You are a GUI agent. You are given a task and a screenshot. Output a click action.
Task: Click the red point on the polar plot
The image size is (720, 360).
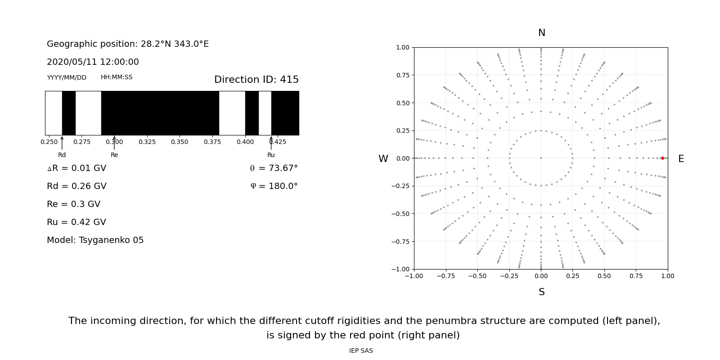pyautogui.click(x=662, y=158)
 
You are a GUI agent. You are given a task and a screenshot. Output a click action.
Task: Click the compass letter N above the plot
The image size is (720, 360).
pyautogui.click(x=541, y=33)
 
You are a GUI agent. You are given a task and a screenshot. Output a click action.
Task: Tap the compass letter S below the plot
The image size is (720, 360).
pyautogui.click(x=541, y=292)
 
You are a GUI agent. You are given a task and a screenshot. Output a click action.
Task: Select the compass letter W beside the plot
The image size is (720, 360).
pyautogui.click(x=383, y=159)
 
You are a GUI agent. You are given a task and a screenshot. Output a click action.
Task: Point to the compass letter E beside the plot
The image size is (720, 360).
pyautogui.click(x=681, y=159)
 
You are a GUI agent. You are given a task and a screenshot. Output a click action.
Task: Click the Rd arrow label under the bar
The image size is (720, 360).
pyautogui.click(x=62, y=155)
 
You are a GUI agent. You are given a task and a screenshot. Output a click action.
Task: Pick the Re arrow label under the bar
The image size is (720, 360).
pyautogui.click(x=114, y=155)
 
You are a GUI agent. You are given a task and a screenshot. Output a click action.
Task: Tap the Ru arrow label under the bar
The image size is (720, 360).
pyautogui.click(x=271, y=155)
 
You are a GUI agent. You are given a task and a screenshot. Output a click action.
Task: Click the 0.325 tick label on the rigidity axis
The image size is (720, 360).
pyautogui.click(x=147, y=142)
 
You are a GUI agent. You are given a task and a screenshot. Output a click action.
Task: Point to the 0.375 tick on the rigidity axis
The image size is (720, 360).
pyautogui.click(x=212, y=142)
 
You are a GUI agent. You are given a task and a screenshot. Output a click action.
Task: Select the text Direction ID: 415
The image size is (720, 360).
pyautogui.click(x=256, y=80)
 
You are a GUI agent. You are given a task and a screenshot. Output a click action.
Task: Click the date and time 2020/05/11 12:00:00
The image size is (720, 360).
pyautogui.click(x=93, y=62)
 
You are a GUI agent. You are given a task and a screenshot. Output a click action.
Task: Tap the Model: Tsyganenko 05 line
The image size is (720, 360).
pyautogui.click(x=95, y=240)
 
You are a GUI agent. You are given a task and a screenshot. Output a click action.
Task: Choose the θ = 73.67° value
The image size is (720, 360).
pyautogui.click(x=274, y=168)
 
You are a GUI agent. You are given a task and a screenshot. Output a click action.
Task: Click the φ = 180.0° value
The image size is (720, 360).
pyautogui.click(x=274, y=186)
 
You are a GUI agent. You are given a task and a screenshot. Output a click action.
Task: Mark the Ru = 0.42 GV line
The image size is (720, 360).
pyautogui.click(x=76, y=222)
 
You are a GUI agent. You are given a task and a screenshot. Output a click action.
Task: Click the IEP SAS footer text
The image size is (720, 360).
pyautogui.click(x=360, y=351)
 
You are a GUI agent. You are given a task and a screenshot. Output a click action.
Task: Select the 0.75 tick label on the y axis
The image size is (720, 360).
pyautogui.click(x=402, y=75)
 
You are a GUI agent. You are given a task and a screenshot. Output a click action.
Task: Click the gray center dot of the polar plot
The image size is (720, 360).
pyautogui.click(x=541, y=158)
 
